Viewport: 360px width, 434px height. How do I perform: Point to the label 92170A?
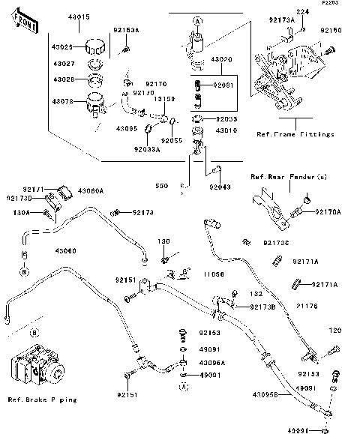[x=328, y=212]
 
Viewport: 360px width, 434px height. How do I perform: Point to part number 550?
[x=162, y=186]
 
